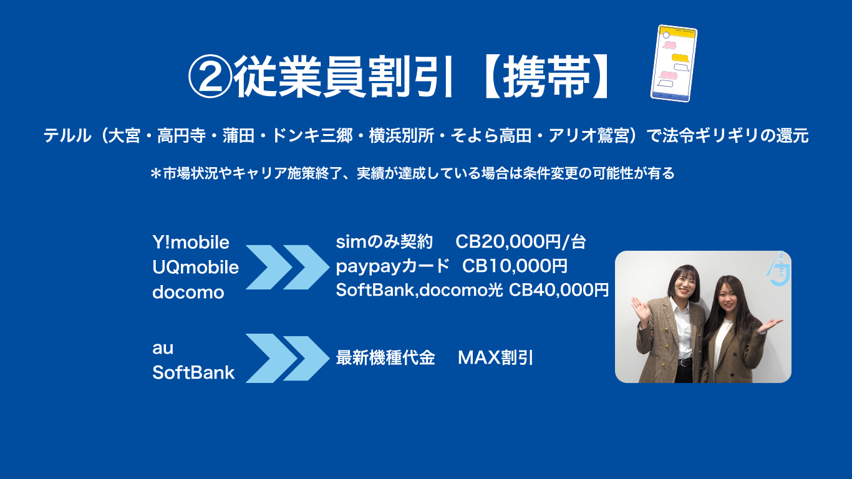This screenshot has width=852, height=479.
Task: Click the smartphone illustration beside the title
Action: (x=674, y=64)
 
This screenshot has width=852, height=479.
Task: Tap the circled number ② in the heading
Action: (x=210, y=77)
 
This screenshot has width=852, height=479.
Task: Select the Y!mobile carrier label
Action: (x=191, y=243)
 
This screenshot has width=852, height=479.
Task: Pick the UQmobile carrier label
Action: (x=195, y=267)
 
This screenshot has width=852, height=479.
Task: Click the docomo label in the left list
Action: (x=188, y=292)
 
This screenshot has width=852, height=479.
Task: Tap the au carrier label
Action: (x=163, y=349)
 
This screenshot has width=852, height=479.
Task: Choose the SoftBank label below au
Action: (x=193, y=372)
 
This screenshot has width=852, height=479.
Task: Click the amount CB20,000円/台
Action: (x=521, y=241)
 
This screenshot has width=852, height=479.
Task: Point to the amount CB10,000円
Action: (x=515, y=266)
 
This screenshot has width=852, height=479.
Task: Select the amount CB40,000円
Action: (x=559, y=290)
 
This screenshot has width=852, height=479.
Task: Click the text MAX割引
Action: (x=495, y=357)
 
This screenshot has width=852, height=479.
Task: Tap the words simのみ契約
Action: (x=384, y=241)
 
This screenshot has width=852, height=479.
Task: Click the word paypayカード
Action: (x=393, y=266)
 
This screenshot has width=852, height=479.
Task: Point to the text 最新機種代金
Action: (x=385, y=357)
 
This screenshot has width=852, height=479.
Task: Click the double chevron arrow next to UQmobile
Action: (x=287, y=267)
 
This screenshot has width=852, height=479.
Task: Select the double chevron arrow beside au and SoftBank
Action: (x=287, y=359)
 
